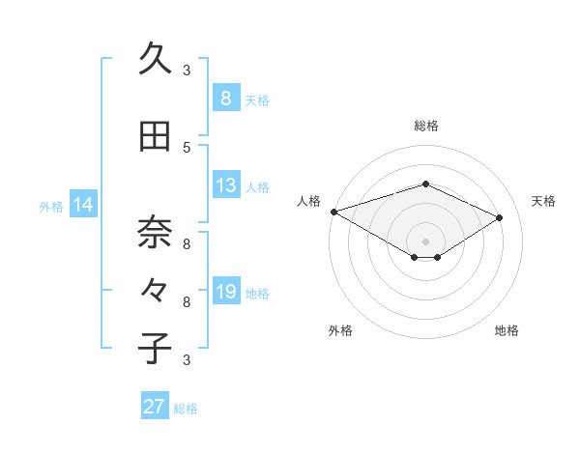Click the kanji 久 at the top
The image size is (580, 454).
155,60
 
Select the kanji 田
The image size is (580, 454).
155,137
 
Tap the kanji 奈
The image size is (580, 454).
155,233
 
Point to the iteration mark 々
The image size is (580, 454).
155,291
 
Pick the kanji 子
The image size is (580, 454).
155,348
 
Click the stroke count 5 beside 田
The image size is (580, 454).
187,147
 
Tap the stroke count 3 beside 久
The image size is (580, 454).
187,70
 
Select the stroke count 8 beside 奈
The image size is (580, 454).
187,243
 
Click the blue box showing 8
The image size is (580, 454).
225,98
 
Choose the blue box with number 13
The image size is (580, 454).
225,185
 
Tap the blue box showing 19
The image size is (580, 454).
225,292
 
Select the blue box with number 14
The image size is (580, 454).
83,205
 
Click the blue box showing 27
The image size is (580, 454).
154,407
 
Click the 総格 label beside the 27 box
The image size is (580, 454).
186,409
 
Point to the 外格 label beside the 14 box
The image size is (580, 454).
51,206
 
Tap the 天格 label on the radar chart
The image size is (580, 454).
543,201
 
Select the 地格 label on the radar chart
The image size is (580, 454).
507,330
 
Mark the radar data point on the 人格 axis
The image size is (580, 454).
333,212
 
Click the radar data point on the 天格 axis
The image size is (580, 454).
500,217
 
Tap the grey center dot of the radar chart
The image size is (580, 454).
425,241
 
